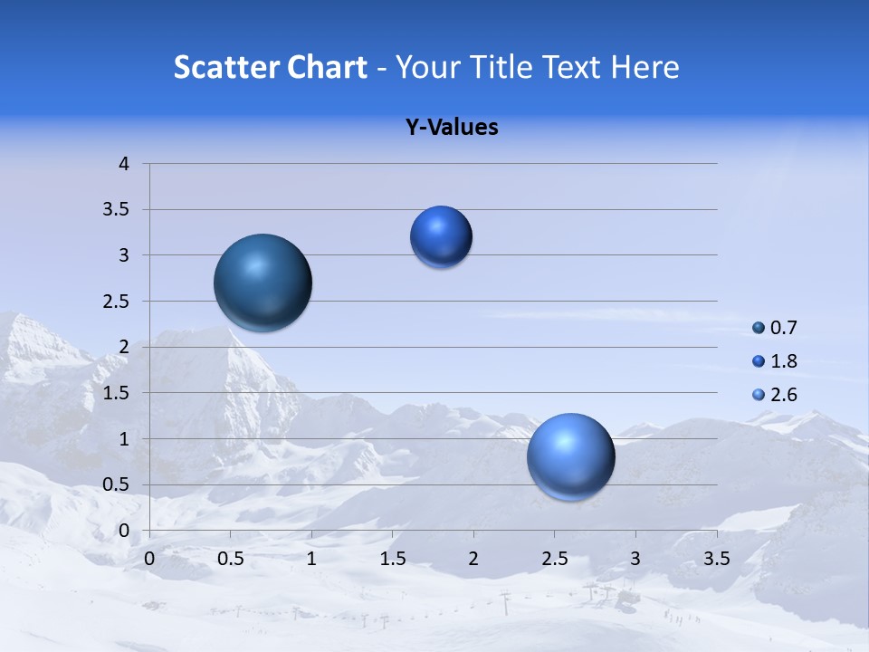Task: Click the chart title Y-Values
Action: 451,127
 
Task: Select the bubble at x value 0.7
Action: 263,283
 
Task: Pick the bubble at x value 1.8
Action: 441,236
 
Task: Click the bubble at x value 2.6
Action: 570,456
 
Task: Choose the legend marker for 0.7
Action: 759,328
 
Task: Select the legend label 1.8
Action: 784,361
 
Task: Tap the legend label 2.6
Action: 784,395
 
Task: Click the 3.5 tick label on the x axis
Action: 716,559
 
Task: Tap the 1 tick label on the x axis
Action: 311,559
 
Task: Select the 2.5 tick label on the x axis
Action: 554,559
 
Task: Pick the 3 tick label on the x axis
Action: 635,559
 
